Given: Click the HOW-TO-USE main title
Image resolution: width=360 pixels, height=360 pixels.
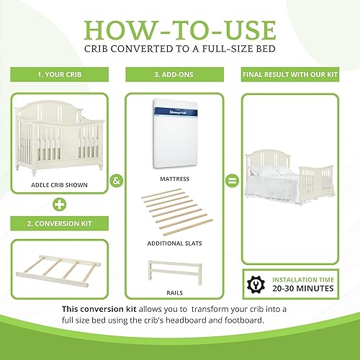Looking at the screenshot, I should click(x=180, y=30).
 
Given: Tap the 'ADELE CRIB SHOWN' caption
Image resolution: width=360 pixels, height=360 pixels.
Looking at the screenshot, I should click(x=60, y=184).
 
